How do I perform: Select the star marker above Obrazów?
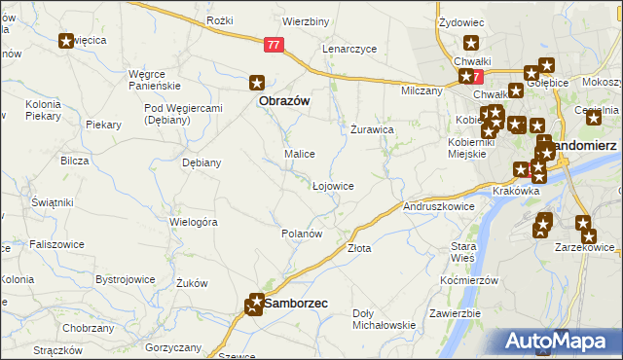pos(257,84)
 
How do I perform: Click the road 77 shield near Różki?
pos(275,44)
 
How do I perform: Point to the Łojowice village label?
pos(332,185)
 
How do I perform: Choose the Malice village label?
pos(298,154)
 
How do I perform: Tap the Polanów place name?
pos(301,234)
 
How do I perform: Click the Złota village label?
pos(359,248)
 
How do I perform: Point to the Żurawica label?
pos(372,128)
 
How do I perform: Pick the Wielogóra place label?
pos(193,222)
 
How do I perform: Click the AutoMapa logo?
pos(559,342)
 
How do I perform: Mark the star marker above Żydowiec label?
pos(471,43)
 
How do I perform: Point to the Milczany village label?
pos(421,90)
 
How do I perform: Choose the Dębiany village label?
pos(202,162)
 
